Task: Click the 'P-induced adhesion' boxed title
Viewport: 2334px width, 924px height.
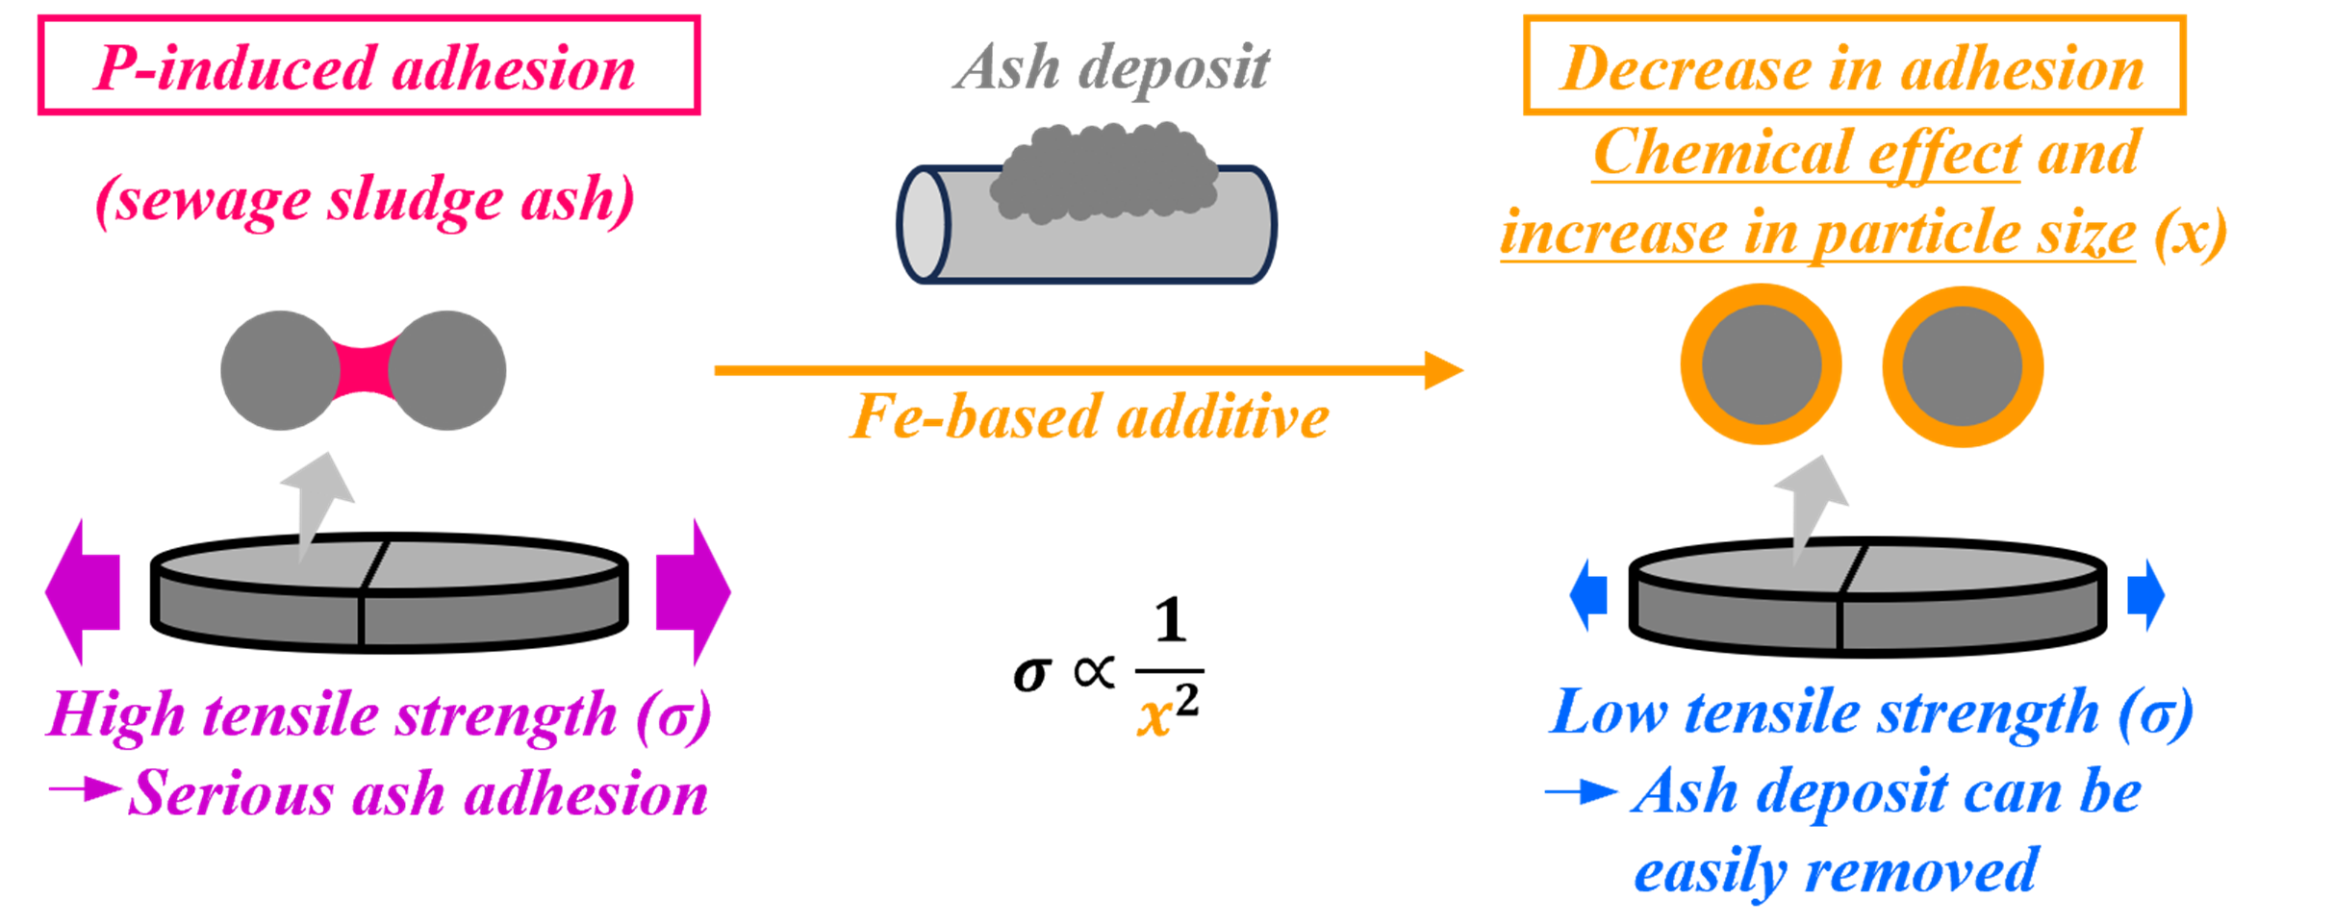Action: pos(368,66)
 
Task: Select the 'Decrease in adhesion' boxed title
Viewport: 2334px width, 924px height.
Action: pos(1853,66)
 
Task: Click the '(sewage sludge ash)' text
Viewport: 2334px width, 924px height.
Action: pos(366,200)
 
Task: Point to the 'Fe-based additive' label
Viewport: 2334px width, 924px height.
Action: pos(1090,416)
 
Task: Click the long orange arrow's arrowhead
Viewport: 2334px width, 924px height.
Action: pos(1443,370)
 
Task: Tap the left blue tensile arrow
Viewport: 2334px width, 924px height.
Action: pos(1588,594)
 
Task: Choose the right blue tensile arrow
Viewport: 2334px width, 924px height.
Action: pos(2146,594)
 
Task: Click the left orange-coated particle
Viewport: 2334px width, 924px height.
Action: pos(1762,365)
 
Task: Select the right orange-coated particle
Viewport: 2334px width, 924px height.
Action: pos(1963,366)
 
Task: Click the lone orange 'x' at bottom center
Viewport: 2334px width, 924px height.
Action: pos(1154,717)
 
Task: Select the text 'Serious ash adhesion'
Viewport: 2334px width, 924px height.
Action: pos(419,794)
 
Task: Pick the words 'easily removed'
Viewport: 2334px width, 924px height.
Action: pos(1836,872)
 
